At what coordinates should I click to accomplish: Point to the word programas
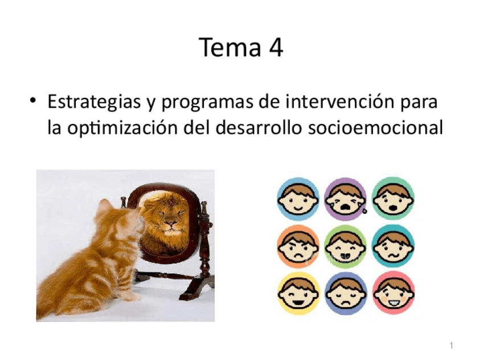click(x=208, y=104)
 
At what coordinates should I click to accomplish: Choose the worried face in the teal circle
click(x=393, y=246)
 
